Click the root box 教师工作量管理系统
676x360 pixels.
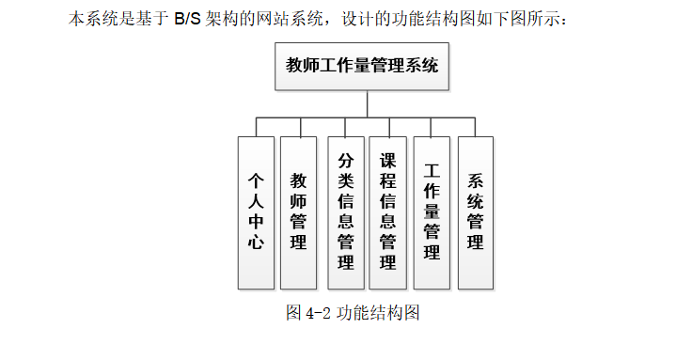point(362,66)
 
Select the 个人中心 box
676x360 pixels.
point(255,211)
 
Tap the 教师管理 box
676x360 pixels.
point(299,211)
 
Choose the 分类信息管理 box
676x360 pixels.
point(346,211)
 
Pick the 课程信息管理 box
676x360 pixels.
point(387,211)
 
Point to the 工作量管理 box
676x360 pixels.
point(432,211)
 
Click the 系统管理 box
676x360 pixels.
point(476,211)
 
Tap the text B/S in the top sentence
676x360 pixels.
point(188,18)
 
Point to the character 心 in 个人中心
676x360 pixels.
point(255,242)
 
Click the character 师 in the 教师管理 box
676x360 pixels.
point(299,199)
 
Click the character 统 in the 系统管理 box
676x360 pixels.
point(476,199)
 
